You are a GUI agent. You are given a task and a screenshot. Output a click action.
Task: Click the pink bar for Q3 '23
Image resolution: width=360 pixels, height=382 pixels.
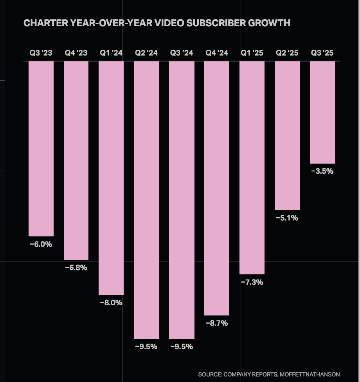[41, 149]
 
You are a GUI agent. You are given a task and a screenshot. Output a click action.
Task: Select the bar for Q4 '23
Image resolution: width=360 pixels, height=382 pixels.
[76, 160]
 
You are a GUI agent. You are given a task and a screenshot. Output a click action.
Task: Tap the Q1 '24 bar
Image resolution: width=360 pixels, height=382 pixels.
[111, 178]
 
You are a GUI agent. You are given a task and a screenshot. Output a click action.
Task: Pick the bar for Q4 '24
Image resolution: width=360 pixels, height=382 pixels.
[217, 188]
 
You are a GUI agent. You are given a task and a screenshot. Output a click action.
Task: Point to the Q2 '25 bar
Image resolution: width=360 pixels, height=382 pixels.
[287, 135]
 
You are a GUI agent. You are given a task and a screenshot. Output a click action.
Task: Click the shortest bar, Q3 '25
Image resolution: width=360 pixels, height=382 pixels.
[322, 112]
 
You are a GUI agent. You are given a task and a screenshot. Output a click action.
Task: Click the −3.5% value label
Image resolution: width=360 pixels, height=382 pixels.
[322, 171]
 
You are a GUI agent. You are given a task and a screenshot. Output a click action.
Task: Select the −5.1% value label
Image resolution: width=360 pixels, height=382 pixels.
[287, 218]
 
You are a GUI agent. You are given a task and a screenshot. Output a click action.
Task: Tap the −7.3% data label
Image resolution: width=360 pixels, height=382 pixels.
[252, 282]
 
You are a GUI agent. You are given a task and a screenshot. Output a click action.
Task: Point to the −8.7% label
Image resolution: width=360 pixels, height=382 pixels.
[217, 323]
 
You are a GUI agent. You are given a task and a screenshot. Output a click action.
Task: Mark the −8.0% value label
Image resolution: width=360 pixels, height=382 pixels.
[111, 303]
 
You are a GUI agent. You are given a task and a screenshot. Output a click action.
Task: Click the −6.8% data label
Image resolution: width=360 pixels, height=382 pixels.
[76, 268]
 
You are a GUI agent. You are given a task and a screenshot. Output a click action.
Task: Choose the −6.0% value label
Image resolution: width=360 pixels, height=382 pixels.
[41, 244]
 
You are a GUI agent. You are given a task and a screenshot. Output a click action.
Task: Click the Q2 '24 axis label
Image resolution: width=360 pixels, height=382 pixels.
[146, 53]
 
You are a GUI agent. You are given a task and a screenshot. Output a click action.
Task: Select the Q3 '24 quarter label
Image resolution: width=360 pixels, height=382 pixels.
[182, 53]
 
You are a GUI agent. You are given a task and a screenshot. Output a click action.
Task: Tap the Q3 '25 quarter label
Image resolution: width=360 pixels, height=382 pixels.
[322, 53]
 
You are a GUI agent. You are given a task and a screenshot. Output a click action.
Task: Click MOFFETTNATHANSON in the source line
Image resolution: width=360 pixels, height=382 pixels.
[310, 375]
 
